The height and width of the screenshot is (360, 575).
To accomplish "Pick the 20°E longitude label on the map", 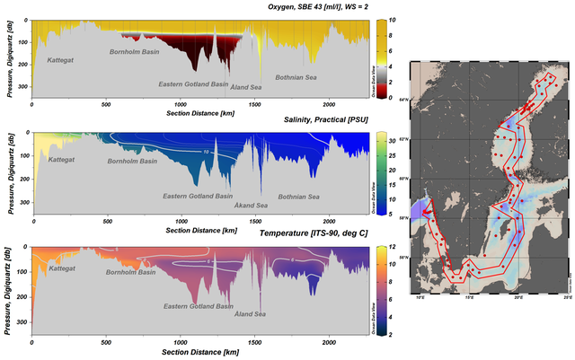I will [x=518, y=295].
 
